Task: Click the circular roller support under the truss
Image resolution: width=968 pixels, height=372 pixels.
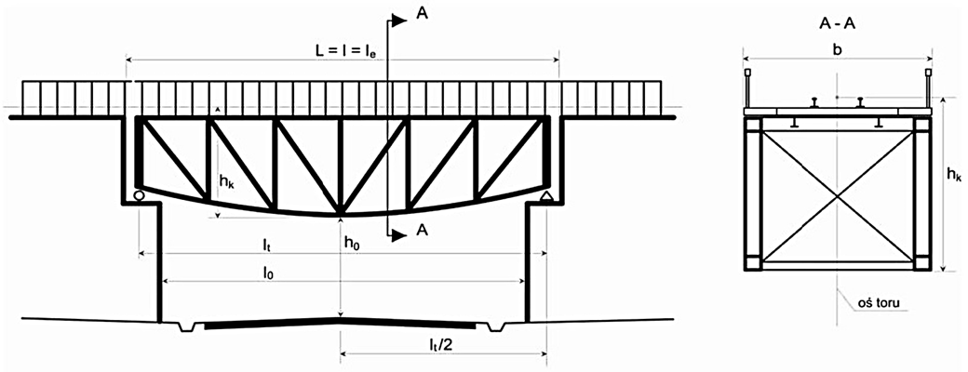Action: pyautogui.click(x=139, y=195)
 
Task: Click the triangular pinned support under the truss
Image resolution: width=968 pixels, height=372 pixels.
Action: pyautogui.click(x=545, y=196)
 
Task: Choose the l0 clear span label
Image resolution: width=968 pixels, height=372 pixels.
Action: pyautogui.click(x=268, y=272)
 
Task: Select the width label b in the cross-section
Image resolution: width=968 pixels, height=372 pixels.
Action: pyautogui.click(x=837, y=49)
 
